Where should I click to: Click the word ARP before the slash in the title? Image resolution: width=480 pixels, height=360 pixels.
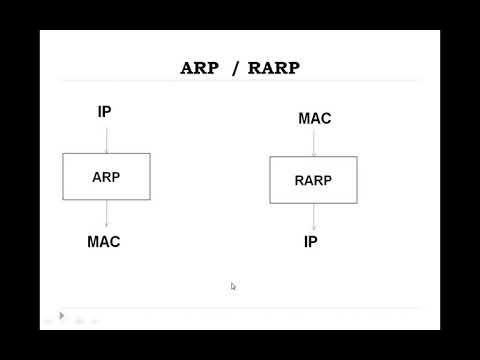(x=201, y=68)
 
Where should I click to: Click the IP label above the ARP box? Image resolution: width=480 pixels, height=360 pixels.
(x=105, y=111)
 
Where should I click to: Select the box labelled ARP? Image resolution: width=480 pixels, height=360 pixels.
(x=106, y=177)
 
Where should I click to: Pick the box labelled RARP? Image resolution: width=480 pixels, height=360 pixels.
(x=313, y=180)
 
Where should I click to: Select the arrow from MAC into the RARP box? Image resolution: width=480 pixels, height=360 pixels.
(x=314, y=142)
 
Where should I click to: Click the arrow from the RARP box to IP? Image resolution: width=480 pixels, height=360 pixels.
(x=314, y=217)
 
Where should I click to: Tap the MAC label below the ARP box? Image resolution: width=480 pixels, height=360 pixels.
(x=104, y=242)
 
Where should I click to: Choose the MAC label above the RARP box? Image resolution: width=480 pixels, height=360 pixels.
(x=314, y=119)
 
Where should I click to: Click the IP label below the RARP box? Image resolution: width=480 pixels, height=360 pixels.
(x=312, y=242)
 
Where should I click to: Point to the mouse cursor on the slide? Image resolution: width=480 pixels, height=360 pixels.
(x=233, y=286)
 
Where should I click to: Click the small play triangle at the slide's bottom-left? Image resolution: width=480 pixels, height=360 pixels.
(x=61, y=316)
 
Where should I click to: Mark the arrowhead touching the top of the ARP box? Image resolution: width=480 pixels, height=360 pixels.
(x=106, y=151)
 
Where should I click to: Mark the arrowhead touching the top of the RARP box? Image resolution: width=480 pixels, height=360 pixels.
(x=314, y=155)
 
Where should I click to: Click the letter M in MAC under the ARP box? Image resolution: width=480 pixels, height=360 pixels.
(x=94, y=242)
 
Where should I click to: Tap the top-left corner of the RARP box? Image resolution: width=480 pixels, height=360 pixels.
(x=270, y=157)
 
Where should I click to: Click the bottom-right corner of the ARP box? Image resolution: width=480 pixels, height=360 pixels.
(x=150, y=200)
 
